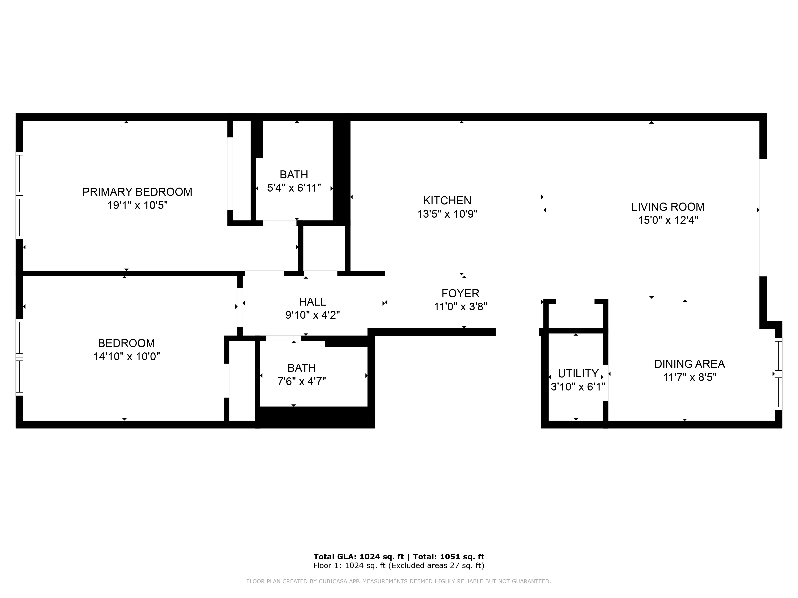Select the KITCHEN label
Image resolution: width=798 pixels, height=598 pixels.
coord(447,200)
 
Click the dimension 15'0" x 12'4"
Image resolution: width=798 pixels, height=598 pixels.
coord(668,220)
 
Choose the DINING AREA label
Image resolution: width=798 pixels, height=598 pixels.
coord(689,364)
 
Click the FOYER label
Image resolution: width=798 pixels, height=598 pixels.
coord(460,293)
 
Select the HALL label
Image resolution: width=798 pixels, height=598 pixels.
coord(312,302)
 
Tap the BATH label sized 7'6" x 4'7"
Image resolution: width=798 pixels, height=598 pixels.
coord(302,368)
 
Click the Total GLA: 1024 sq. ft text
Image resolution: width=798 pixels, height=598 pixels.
coord(358,557)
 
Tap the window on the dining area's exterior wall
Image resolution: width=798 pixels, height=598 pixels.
coord(778,374)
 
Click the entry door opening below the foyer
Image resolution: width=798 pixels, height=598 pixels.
coord(517,332)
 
